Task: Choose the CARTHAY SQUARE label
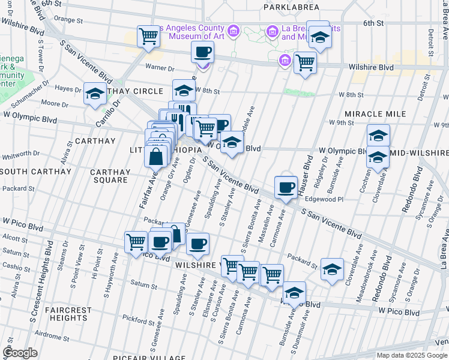coord(110,176)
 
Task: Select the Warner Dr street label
coord(159,67)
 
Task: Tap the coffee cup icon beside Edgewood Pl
coord(286,187)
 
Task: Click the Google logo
coord(20,352)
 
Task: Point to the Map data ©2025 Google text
coord(411,355)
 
